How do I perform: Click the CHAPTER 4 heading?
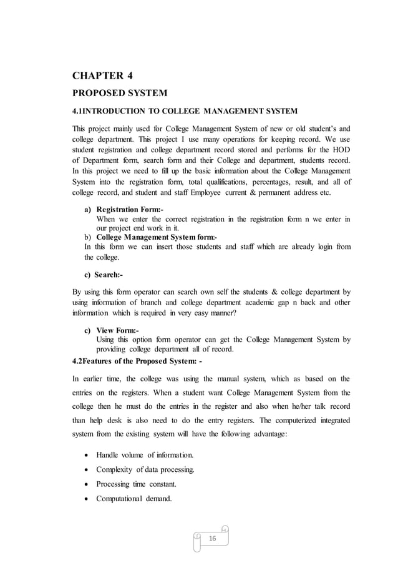coord(103,77)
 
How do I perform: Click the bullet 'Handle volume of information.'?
coord(144,454)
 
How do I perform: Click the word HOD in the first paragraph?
coord(342,149)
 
